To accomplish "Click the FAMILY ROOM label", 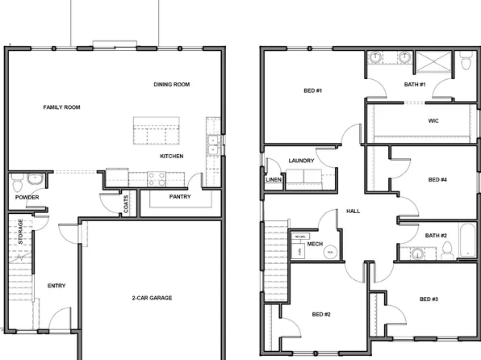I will (x=61, y=107).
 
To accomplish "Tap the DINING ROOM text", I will (x=171, y=84).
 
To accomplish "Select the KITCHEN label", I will (x=171, y=156).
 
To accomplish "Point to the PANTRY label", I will (x=179, y=196).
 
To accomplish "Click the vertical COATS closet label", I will (x=127, y=205).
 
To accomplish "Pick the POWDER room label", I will (x=27, y=197).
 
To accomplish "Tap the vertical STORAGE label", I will (x=21, y=232).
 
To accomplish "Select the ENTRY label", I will (x=56, y=286).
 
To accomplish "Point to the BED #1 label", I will (x=312, y=90).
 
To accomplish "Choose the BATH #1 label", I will (x=415, y=84).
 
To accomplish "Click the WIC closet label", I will (x=433, y=121).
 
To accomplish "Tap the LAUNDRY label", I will (x=301, y=161).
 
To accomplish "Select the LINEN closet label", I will (x=273, y=179).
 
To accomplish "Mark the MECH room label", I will (x=315, y=243).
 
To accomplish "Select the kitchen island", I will (x=158, y=129).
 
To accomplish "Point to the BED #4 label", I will (x=437, y=179).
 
